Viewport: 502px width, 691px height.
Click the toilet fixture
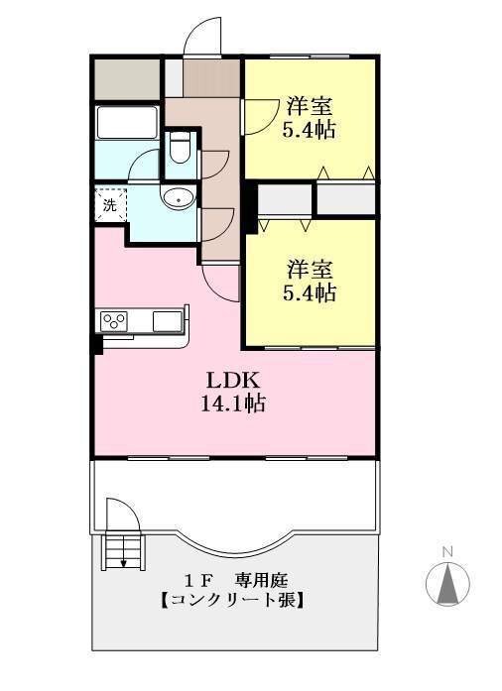point(180,147)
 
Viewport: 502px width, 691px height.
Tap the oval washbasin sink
point(179,197)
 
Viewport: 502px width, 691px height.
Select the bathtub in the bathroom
point(127,123)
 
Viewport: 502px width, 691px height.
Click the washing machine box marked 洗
point(111,205)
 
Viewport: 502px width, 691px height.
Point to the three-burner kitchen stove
point(114,321)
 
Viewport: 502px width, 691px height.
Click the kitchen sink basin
point(168,321)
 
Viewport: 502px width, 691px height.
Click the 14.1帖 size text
point(232,403)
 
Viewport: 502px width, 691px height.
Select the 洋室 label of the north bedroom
point(310,106)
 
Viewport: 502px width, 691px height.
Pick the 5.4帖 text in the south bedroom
point(310,292)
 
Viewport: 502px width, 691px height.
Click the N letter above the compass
point(447,551)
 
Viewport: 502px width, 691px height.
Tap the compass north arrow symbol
point(447,584)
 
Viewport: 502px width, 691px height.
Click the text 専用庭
point(261,580)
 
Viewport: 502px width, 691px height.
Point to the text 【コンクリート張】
point(232,600)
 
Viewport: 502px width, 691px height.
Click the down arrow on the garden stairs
point(123,554)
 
